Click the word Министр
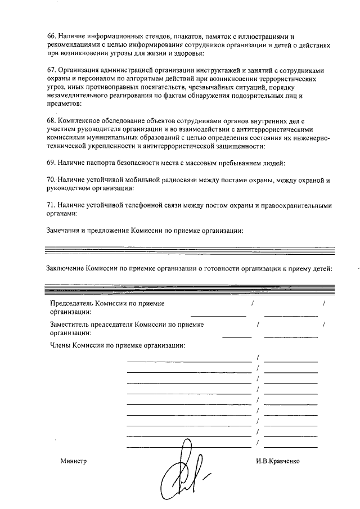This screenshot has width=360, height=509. coord(74,461)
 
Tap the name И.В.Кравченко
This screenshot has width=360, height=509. coord(277,461)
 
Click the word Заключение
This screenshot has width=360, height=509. coord(64,268)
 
